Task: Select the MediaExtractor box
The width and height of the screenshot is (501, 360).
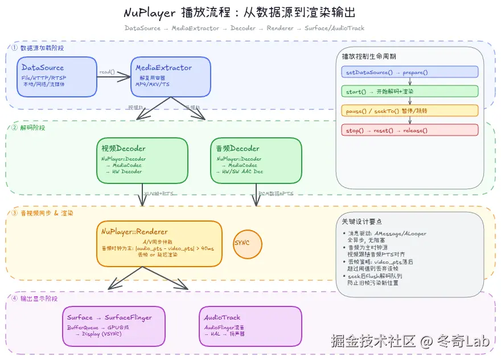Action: point(171,76)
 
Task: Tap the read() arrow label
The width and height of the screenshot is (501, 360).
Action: point(106,72)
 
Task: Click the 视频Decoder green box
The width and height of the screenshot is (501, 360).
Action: point(142,160)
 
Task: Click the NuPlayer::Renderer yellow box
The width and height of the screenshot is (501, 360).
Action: point(159,243)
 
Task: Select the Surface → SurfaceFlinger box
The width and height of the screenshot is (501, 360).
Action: point(114,326)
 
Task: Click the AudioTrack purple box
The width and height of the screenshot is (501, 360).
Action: point(250,326)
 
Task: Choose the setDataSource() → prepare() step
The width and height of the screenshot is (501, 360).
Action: point(410,72)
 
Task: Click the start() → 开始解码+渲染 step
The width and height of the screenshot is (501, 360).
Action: point(410,91)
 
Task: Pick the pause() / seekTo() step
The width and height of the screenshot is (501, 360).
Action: point(410,111)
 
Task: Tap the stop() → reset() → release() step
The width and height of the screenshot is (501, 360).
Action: point(410,130)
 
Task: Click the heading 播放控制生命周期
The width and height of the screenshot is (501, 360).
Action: point(369,56)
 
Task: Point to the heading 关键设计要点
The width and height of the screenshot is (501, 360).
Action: point(362,221)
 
